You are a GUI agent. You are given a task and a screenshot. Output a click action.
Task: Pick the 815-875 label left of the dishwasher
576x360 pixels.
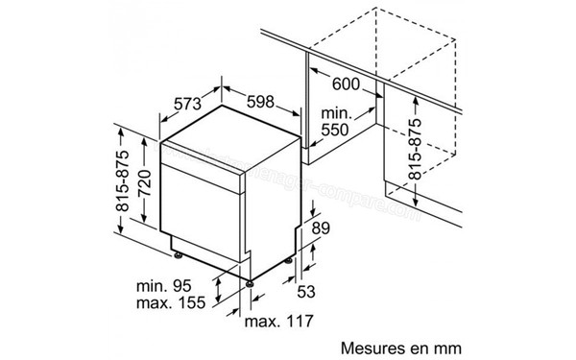click(x=123, y=182)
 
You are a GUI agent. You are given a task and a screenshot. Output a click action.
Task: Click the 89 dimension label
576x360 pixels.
click(x=323, y=228)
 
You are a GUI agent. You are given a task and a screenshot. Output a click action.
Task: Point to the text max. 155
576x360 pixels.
click(x=166, y=305)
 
